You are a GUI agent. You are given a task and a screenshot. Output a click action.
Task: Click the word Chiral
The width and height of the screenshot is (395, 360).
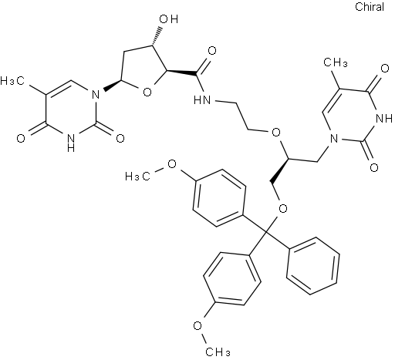coord(370,7)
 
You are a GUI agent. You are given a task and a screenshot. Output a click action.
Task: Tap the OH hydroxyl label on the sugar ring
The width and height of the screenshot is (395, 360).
coord(169,19)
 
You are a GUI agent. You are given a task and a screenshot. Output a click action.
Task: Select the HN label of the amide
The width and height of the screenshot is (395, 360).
coord(202,99)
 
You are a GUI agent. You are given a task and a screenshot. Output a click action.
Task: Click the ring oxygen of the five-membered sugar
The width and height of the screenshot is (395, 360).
coord(147,92)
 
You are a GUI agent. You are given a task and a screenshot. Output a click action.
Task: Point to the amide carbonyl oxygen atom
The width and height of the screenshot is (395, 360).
coord(212,51)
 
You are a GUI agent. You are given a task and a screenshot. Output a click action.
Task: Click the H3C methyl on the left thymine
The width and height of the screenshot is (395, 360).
coord(12,81)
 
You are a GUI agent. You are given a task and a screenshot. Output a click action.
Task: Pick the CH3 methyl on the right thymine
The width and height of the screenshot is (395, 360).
coord(336,62)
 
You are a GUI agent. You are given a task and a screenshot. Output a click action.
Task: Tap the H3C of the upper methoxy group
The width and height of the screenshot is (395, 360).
coord(137,177)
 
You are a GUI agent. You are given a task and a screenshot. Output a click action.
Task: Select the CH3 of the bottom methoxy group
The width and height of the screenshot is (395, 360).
coord(218,352)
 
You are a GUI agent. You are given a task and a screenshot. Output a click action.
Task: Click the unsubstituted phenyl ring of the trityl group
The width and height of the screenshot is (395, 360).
coord(312,266)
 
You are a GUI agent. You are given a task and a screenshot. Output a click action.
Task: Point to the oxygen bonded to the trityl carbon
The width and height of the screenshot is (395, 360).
coord(283,208)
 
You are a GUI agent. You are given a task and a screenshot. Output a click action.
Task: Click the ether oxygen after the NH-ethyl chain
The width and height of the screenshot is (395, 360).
coord(276,133)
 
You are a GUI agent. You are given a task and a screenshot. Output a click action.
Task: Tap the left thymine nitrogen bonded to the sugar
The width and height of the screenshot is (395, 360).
coord(96,95)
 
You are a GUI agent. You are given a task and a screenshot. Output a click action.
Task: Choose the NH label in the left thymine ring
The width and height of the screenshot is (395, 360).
coord(70,143)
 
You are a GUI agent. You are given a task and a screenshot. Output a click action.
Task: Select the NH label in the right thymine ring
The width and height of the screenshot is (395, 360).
coord(384,119)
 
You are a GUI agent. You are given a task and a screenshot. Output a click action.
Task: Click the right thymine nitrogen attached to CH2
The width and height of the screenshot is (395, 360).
coord(334,139)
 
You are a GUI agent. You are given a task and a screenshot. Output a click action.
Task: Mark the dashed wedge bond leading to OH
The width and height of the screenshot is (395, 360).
coord(157,36)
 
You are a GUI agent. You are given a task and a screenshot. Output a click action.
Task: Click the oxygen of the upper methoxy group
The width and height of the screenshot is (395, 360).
coord(172,163)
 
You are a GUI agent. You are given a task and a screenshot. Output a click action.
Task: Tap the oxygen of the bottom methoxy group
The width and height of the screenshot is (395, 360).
coord(197,325)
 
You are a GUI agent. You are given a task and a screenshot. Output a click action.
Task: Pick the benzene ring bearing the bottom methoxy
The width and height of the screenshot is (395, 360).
coord(232,278)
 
